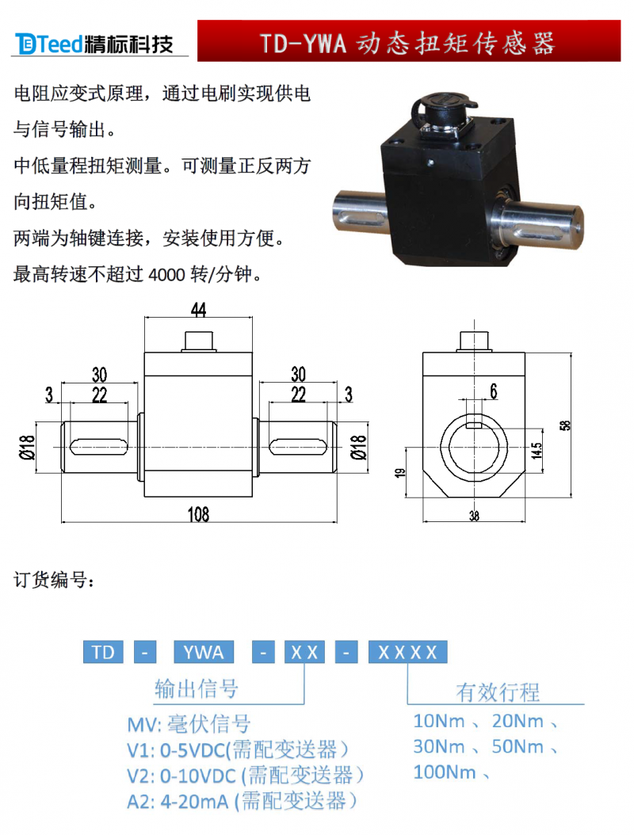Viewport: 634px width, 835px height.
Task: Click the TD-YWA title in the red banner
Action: [x=408, y=43]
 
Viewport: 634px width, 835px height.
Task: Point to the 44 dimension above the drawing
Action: [x=198, y=310]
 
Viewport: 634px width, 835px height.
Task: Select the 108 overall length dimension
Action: [x=198, y=514]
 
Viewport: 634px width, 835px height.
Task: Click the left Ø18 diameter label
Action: [x=27, y=447]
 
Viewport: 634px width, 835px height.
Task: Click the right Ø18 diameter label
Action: [x=359, y=447]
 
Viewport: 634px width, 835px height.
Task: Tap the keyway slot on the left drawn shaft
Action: [x=99, y=447]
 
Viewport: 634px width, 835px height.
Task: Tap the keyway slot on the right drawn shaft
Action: [x=298, y=447]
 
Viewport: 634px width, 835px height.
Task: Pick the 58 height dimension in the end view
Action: [x=565, y=425]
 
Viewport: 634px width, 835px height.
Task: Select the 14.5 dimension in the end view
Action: [x=536, y=450]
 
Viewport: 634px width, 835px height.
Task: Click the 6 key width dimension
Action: [x=494, y=391]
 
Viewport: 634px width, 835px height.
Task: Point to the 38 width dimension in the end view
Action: [x=474, y=516]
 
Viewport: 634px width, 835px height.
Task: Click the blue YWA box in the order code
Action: [x=204, y=652]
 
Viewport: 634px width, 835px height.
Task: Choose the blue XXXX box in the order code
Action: [x=407, y=652]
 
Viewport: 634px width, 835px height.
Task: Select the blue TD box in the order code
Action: [x=103, y=652]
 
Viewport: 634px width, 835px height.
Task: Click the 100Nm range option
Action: [x=445, y=772]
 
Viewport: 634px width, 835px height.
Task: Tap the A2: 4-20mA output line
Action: [x=242, y=801]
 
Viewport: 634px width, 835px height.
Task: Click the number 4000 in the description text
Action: [x=166, y=275]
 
